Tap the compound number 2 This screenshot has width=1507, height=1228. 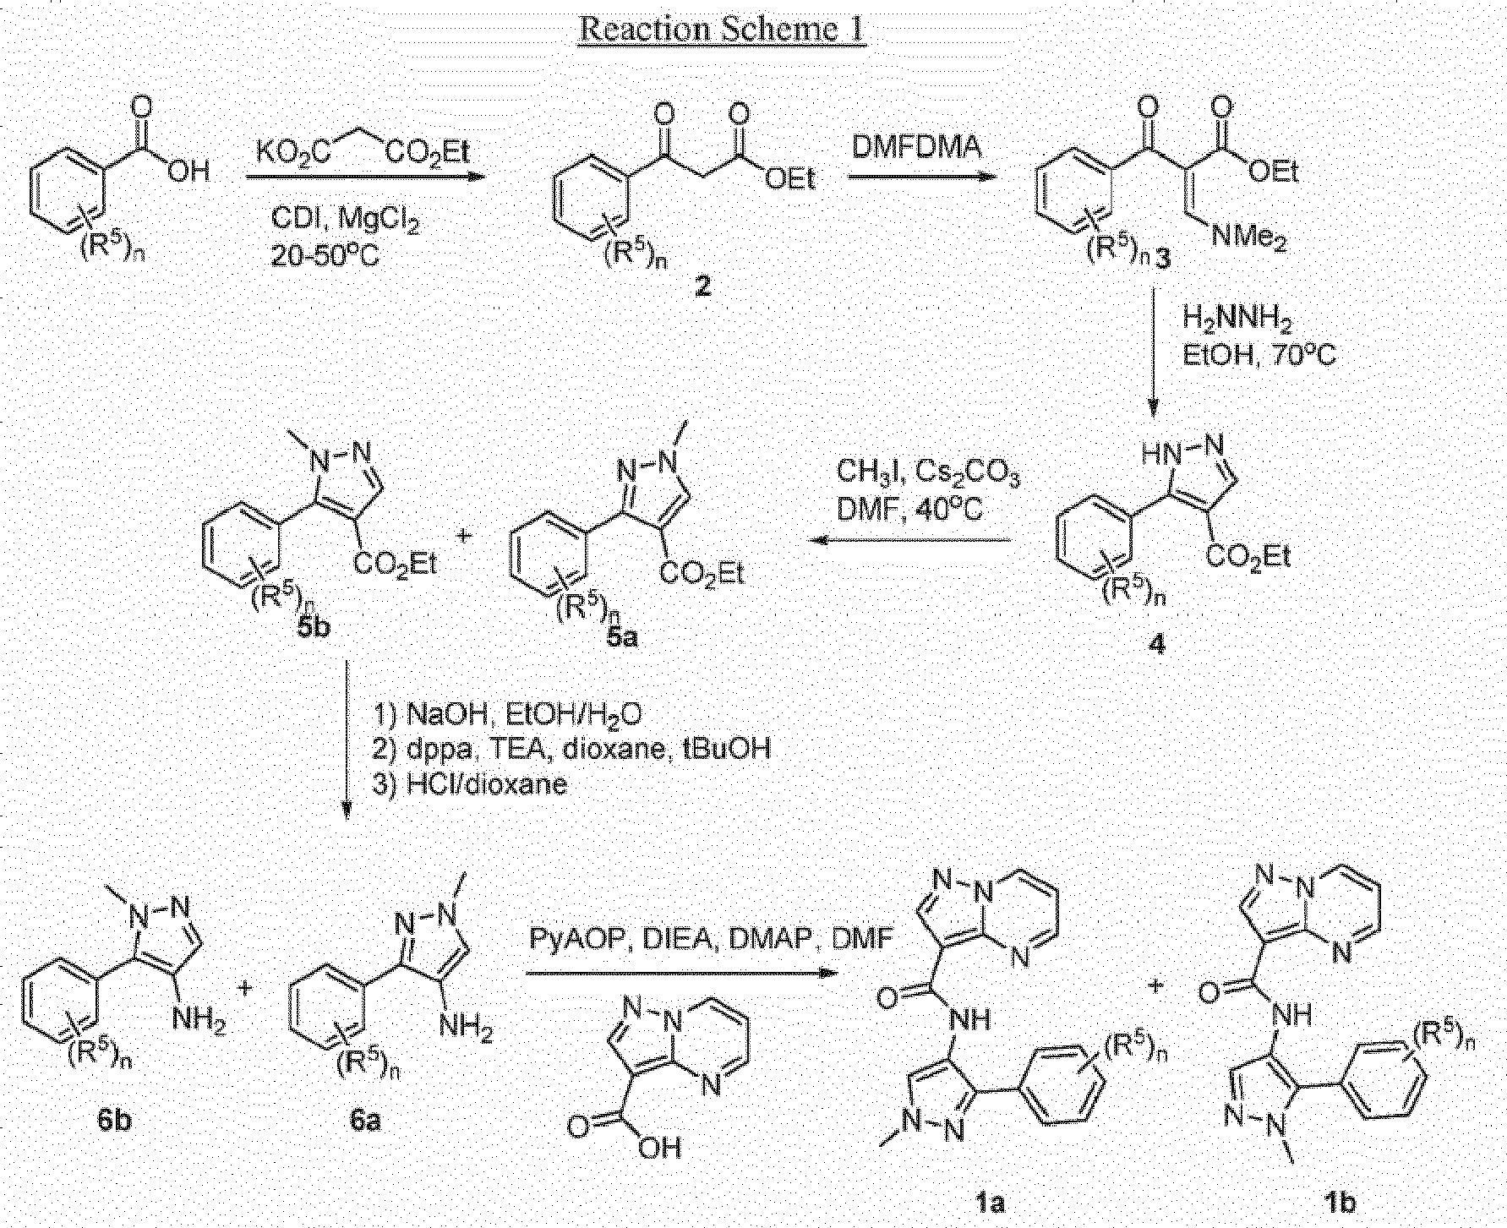(702, 287)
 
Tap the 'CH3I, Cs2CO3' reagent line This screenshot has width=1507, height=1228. (927, 472)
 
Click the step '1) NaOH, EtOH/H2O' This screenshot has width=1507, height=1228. (508, 715)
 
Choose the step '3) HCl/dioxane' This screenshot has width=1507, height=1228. (470, 784)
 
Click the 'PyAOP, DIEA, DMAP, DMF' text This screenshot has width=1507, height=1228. (711, 938)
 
